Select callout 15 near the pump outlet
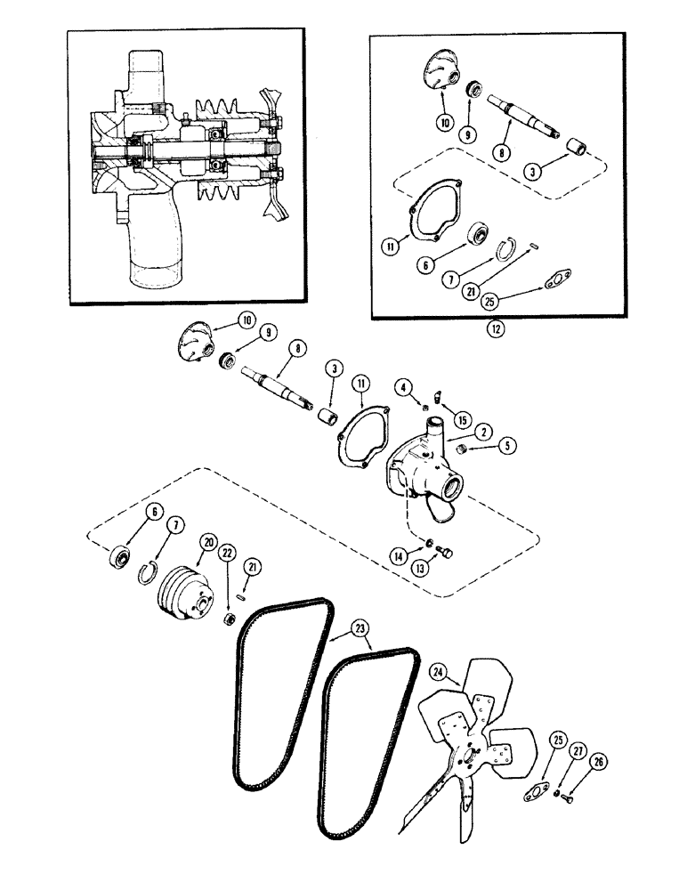[x=461, y=418]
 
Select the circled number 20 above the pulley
[x=209, y=540]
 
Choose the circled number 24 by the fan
[x=438, y=672]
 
